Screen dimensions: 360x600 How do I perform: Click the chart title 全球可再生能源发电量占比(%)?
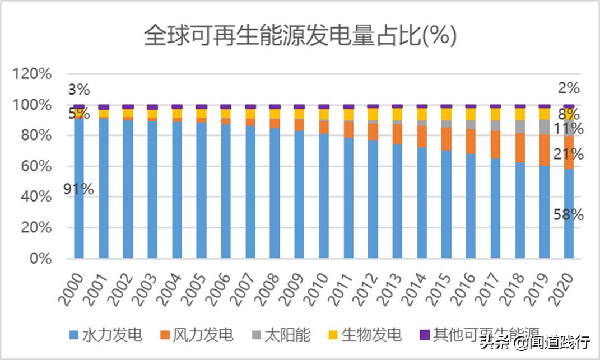click(300, 37)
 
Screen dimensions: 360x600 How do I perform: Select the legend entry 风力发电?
click(203, 335)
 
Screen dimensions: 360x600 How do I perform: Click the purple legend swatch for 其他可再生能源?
click(425, 335)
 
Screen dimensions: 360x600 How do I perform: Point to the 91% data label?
click(78, 189)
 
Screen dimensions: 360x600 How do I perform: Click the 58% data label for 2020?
click(569, 214)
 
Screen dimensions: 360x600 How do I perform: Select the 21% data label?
click(569, 155)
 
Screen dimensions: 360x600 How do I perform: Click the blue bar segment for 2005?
click(202, 190)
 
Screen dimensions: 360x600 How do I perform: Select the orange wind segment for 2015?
click(446, 139)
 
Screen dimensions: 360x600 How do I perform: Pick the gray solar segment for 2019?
click(544, 127)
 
